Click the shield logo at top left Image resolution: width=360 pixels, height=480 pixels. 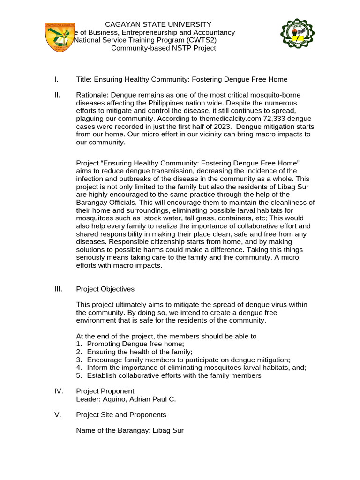[60, 37]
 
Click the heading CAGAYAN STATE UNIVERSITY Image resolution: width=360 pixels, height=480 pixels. [157, 24]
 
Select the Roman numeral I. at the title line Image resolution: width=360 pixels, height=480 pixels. [56, 79]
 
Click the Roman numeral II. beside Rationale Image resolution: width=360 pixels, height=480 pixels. [57, 95]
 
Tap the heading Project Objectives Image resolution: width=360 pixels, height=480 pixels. [105, 289]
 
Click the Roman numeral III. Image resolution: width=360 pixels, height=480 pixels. [59, 289]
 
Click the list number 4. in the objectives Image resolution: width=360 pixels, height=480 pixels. [79, 367]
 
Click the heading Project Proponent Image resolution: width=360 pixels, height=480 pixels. [105, 391]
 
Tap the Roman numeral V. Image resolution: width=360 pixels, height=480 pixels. [58, 415]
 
